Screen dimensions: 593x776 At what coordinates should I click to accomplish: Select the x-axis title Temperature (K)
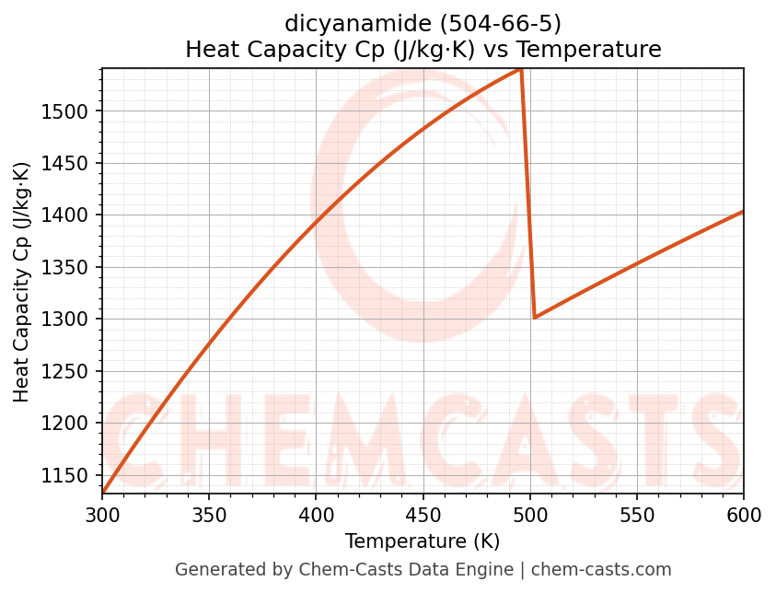click(x=423, y=541)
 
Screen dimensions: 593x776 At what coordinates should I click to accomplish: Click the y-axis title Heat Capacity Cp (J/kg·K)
click(x=22, y=282)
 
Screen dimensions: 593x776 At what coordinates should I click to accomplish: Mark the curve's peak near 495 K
click(x=521, y=69)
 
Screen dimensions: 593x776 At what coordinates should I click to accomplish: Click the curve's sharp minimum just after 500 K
click(x=534, y=318)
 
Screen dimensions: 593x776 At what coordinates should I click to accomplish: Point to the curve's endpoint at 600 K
click(x=743, y=212)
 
